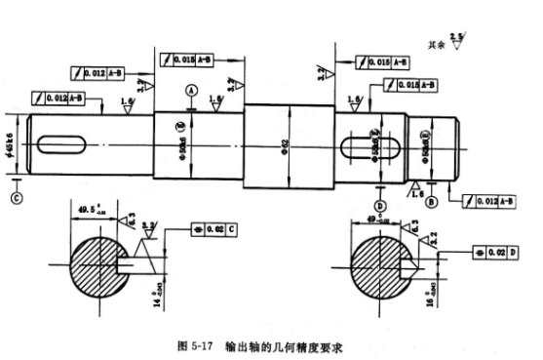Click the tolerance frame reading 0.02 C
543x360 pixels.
(x=210, y=228)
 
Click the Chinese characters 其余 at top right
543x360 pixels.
(x=436, y=45)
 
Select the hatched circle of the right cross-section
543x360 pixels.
(x=382, y=266)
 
